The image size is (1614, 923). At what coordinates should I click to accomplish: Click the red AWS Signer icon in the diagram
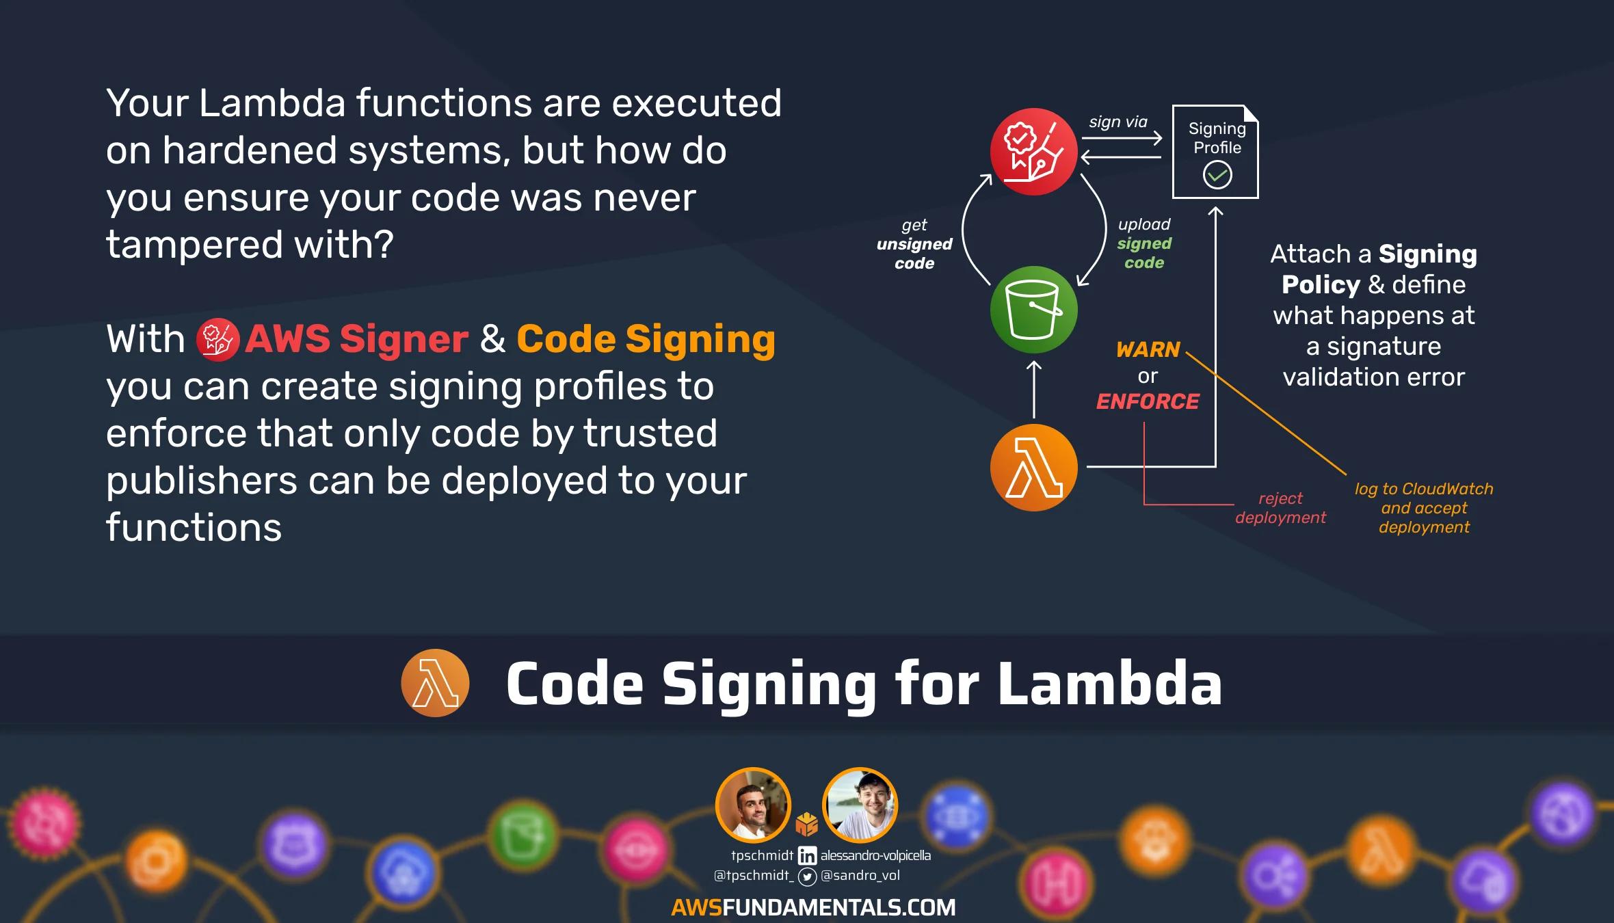point(1033,151)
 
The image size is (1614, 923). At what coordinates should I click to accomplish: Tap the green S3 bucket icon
point(1033,310)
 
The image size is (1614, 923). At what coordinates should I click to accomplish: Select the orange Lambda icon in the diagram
point(1033,468)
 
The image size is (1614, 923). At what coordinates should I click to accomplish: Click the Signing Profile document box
point(1215,151)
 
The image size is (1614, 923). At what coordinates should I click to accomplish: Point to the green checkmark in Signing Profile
point(1217,175)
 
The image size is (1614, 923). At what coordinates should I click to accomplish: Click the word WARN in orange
point(1148,349)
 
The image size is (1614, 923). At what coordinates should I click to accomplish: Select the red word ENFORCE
point(1148,401)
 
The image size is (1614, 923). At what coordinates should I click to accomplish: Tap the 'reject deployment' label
point(1280,508)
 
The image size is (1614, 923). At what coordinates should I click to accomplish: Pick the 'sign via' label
point(1118,122)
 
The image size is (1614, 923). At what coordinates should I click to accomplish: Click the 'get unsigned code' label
point(914,244)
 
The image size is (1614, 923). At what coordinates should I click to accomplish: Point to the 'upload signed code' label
point(1144,243)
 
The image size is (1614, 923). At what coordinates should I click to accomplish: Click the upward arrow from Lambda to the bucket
point(1034,389)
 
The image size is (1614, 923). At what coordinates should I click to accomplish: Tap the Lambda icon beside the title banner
point(435,683)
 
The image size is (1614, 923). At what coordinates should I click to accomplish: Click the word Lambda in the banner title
point(1109,683)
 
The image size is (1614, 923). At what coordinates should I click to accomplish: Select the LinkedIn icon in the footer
point(807,856)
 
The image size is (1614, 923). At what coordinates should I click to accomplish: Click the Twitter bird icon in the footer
point(807,877)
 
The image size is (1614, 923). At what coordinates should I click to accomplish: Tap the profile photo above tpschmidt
point(753,805)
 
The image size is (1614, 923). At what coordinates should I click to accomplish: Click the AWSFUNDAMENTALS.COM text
point(813,907)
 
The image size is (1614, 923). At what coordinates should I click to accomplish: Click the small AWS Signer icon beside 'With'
point(217,340)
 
